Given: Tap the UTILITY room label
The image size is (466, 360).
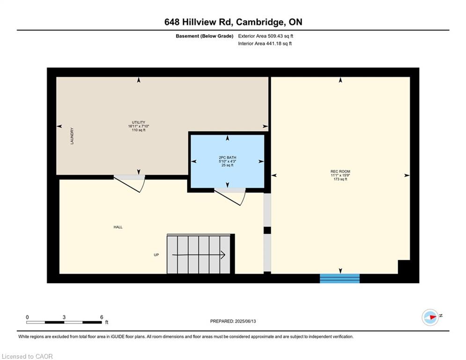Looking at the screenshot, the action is [x=139, y=122].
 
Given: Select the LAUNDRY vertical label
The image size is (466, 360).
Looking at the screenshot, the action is [x=72, y=136].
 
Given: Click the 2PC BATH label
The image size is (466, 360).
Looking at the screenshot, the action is [x=227, y=157].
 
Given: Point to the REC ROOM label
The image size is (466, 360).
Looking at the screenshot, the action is [x=340, y=172].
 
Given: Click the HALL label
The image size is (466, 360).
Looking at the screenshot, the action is [x=118, y=227].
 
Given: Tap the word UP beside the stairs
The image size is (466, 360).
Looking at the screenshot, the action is [x=156, y=255].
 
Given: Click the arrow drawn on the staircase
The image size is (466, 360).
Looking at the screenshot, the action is [x=199, y=255].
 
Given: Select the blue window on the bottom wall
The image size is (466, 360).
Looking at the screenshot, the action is [x=340, y=278].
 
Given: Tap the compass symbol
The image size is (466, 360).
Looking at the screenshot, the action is [x=430, y=317].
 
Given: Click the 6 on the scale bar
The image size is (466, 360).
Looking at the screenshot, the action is [x=102, y=317].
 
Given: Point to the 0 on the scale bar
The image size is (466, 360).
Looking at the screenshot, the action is [x=27, y=317].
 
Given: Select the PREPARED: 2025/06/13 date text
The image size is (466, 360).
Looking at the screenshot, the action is [x=233, y=321].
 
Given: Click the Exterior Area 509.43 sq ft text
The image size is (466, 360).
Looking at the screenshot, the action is [x=266, y=36].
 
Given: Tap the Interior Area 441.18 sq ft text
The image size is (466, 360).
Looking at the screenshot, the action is [x=265, y=44].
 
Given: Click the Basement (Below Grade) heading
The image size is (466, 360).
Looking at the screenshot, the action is [x=205, y=36].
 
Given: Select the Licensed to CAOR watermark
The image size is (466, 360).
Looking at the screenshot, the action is [x=27, y=356].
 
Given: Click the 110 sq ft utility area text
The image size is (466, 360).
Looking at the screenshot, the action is [x=139, y=130].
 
